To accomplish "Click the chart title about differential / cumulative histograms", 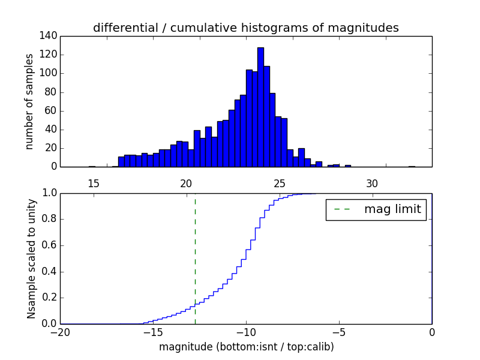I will click(x=245, y=28).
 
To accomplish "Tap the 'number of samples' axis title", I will click(x=29, y=101).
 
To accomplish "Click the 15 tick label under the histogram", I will click(x=93, y=184).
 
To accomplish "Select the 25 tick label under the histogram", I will click(x=279, y=184).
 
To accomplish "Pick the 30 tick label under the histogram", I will click(x=372, y=184).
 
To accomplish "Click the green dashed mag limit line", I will click(x=195, y=258).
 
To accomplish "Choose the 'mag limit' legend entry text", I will click(x=392, y=209).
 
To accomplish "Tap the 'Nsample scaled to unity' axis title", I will click(x=31, y=258).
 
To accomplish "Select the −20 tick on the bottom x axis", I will click(x=60, y=332).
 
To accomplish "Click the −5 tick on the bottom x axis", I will click(x=339, y=332).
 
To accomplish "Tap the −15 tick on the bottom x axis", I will click(x=153, y=332).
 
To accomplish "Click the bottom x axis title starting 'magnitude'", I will click(x=246, y=347).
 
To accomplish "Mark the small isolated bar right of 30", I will click(x=412, y=166).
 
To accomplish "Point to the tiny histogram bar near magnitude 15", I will click(x=92, y=166).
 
